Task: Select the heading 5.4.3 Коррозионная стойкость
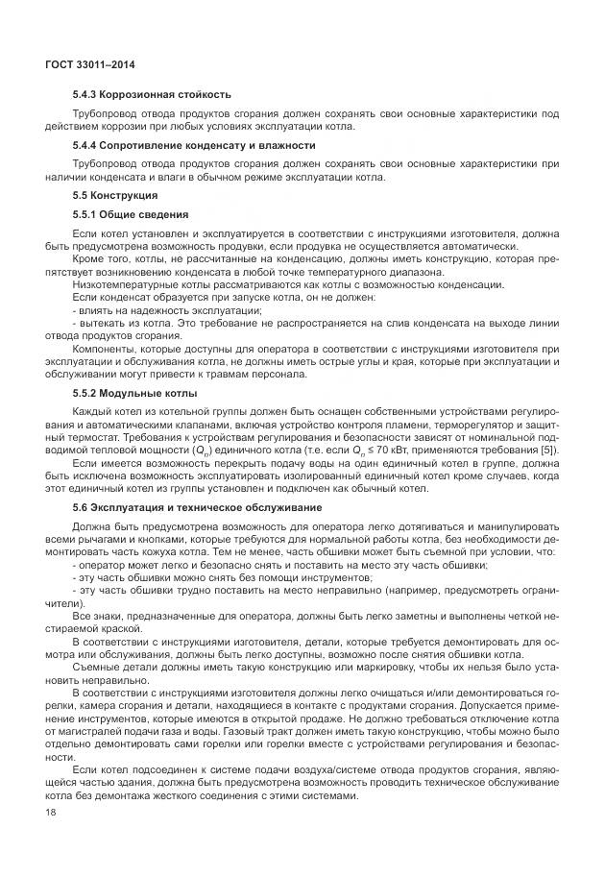pos(151,95)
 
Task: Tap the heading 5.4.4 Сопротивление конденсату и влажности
pos(194,145)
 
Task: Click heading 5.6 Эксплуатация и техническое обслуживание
pos(197,506)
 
